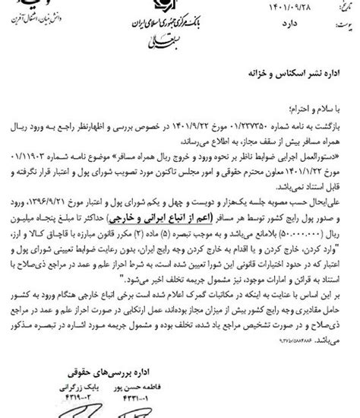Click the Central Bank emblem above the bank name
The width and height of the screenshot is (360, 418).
pos(180,10)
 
